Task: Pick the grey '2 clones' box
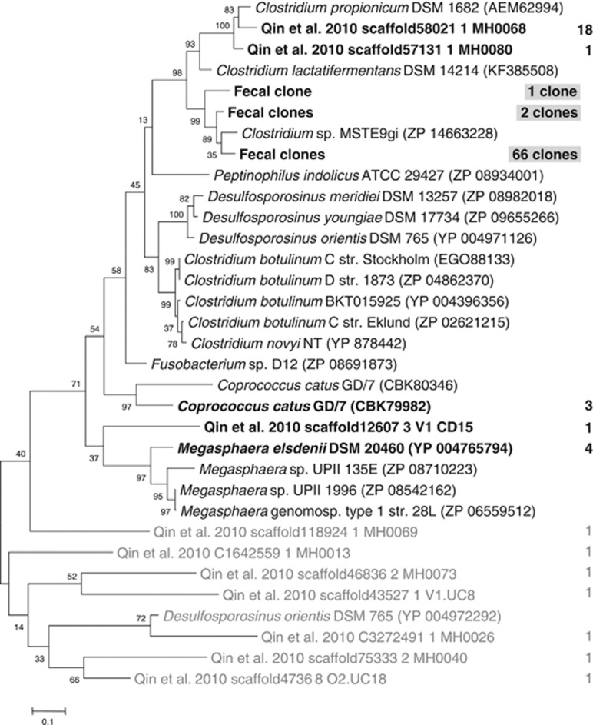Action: (x=545, y=112)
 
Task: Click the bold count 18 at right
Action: (x=581, y=31)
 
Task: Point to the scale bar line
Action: (x=48, y=703)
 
